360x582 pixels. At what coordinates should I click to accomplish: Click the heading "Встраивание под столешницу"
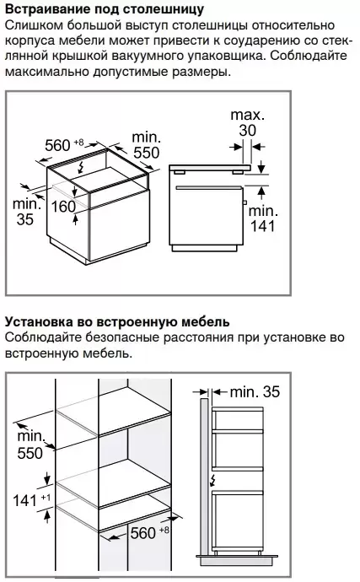tap(105, 9)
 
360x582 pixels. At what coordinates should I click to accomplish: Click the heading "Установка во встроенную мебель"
tap(117, 321)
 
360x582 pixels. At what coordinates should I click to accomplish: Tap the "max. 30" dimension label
tap(248, 122)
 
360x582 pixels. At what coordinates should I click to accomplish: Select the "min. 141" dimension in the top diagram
tap(263, 218)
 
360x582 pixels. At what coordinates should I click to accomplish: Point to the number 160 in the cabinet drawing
tap(63, 207)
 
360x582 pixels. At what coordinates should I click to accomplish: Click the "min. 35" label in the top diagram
tap(26, 212)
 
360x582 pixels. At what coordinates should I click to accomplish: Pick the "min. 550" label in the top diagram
tap(147, 145)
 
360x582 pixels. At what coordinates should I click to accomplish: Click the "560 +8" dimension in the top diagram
tap(64, 145)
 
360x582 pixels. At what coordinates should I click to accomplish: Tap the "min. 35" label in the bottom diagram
tap(255, 392)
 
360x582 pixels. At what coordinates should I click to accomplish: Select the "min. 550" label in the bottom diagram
tap(31, 445)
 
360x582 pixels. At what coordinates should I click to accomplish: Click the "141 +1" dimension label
tap(32, 500)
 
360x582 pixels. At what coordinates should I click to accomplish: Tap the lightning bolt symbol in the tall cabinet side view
tap(212, 480)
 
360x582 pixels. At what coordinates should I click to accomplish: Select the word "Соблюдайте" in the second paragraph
tap(44, 337)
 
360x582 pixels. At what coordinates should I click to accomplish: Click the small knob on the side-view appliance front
tap(244, 202)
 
